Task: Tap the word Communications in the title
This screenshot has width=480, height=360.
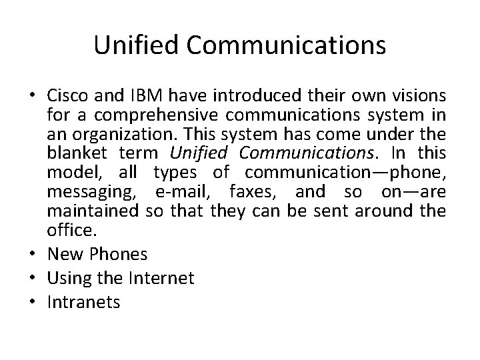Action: tap(286, 45)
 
